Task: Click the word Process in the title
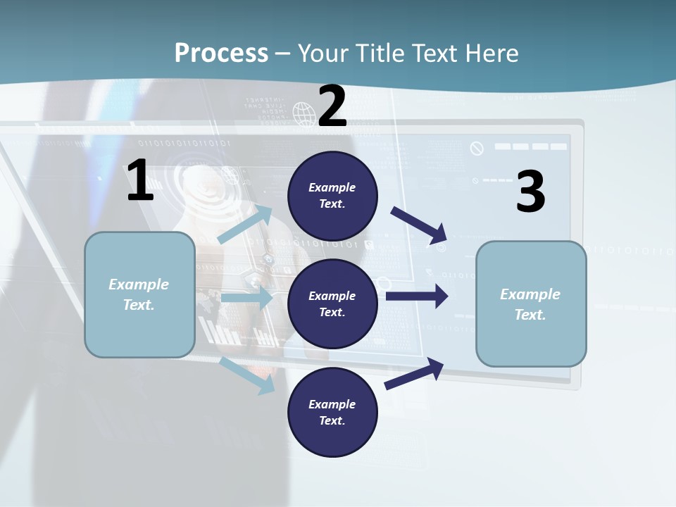[221, 53]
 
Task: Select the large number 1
[139, 181]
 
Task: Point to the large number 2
[332, 106]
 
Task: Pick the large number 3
[530, 192]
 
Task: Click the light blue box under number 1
[139, 294]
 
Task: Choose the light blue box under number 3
[531, 304]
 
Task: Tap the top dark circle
[333, 196]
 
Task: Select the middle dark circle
[333, 303]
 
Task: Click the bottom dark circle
[333, 412]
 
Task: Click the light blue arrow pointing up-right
[246, 225]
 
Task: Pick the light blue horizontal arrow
[247, 299]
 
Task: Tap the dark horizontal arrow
[417, 296]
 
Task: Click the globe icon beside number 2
[304, 113]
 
